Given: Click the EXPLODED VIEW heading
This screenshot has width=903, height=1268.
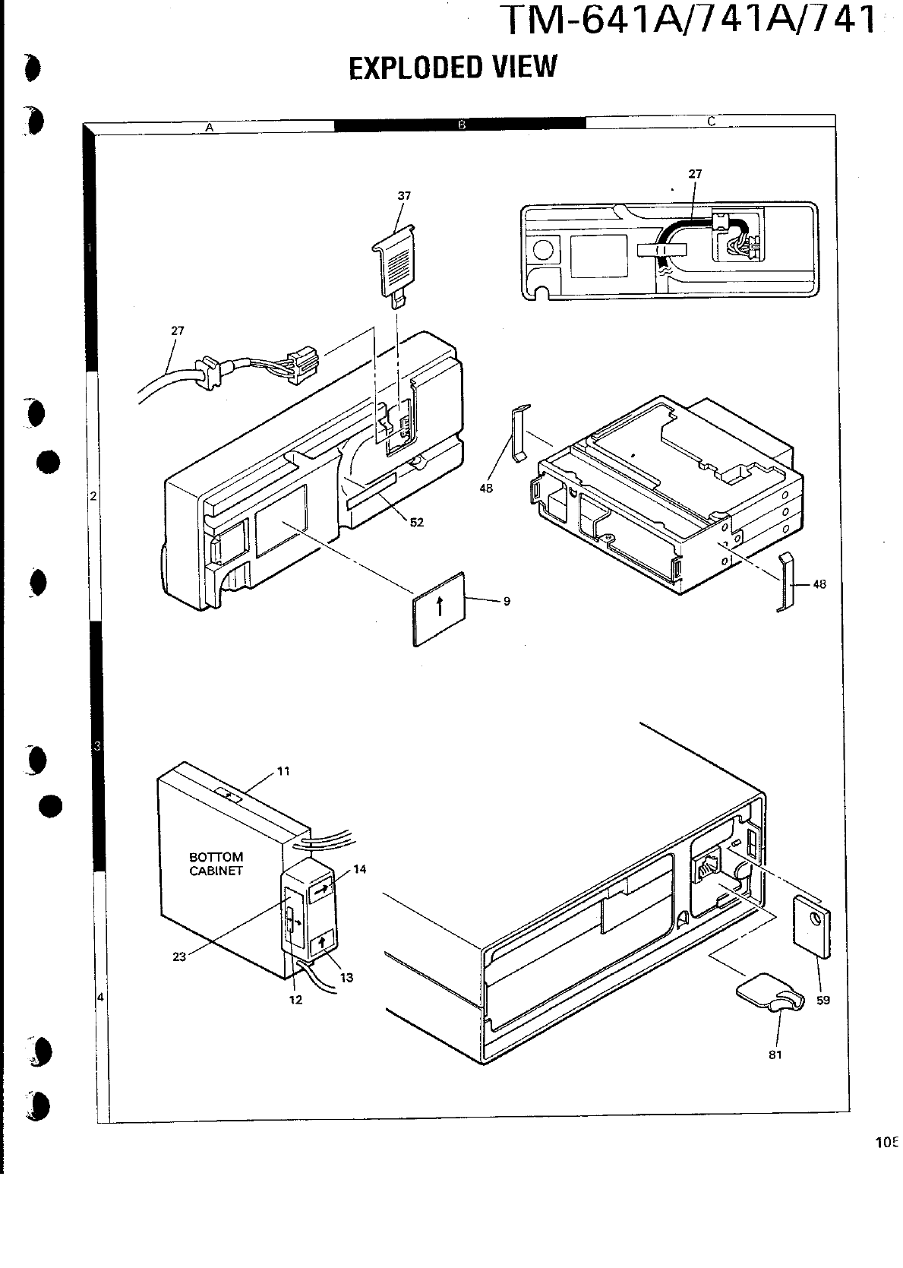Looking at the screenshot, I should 453,67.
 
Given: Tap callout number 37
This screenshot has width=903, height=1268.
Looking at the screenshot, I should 404,196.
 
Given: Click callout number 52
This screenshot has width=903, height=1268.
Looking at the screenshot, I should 416,523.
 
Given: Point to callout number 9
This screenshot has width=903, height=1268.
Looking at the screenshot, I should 506,602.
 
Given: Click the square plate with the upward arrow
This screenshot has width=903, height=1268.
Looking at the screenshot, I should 439,609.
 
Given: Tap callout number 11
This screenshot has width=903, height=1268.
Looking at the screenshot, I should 283,770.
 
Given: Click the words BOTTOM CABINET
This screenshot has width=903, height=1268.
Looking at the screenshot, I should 216,864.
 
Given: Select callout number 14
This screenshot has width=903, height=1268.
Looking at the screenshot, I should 360,869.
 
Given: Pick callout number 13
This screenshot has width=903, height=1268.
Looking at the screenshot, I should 346,978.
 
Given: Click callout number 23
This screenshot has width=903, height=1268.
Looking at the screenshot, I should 179,957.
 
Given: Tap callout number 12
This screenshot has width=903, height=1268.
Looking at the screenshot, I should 296,1000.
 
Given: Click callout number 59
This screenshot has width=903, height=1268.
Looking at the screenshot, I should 823,1000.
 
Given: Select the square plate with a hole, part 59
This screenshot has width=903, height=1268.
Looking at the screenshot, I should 812,926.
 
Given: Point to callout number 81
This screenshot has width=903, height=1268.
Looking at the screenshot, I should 775,1055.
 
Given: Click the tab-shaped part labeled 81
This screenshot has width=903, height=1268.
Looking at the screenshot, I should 767,994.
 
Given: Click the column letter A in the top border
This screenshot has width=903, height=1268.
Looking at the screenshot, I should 209,128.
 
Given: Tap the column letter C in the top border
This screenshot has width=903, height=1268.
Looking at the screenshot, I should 711,121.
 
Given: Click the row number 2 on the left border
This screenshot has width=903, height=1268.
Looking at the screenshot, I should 93,496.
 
